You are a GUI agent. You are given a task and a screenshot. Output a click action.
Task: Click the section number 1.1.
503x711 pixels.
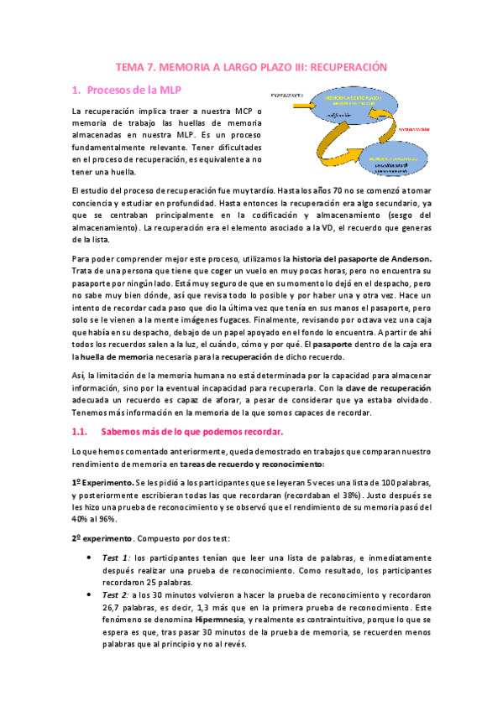coord(79,432)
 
